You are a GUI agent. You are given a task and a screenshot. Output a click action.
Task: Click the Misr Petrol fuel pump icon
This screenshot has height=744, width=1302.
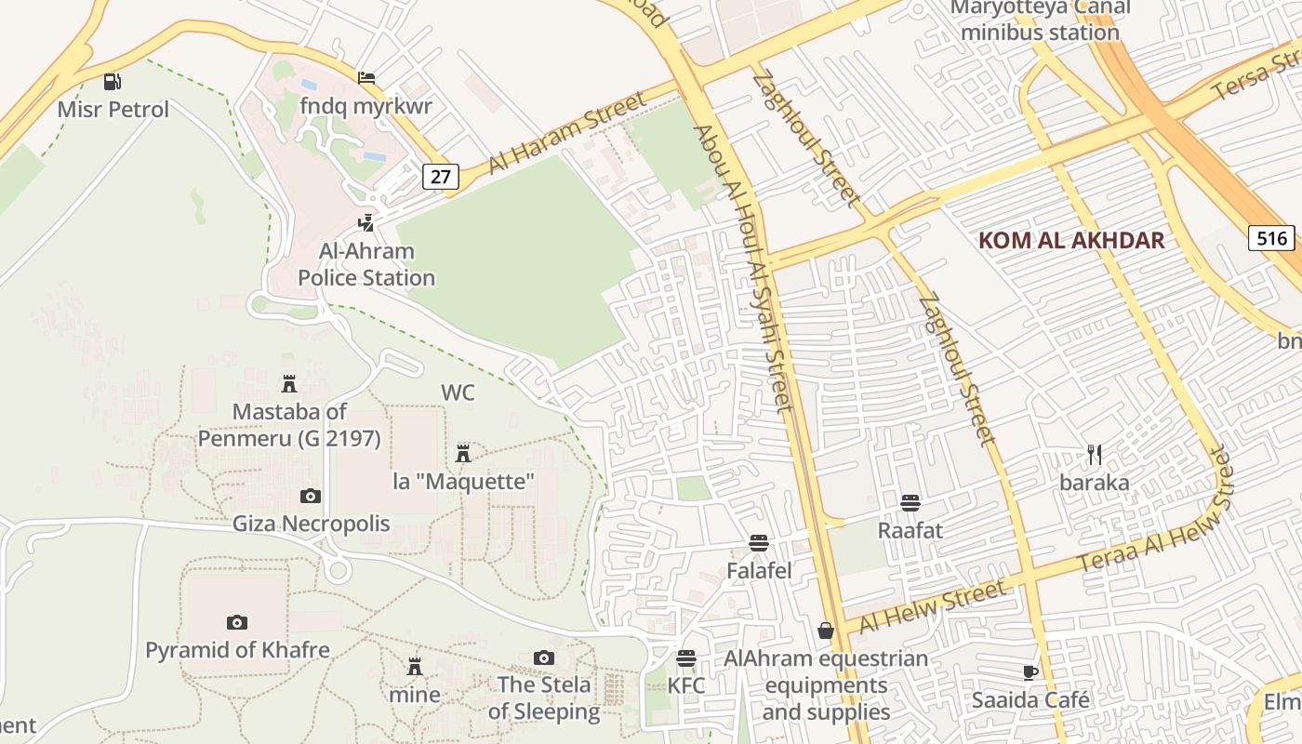tap(112, 82)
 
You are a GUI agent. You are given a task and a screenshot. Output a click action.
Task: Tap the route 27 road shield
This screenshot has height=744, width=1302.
tap(441, 177)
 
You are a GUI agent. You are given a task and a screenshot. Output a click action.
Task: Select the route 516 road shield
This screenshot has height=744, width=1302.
tap(1271, 238)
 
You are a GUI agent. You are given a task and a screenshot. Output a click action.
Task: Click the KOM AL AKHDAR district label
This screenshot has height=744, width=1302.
tap(1071, 241)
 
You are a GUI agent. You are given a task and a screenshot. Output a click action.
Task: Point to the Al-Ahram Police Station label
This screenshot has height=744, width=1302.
tap(366, 265)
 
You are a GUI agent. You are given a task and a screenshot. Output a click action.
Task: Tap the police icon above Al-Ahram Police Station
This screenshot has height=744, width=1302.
tap(367, 223)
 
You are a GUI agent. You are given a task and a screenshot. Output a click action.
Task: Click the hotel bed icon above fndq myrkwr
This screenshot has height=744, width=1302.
tap(366, 78)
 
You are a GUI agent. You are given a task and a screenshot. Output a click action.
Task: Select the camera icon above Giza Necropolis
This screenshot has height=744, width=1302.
tap(311, 497)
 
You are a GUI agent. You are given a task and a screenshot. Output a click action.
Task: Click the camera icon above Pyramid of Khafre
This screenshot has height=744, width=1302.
tap(237, 622)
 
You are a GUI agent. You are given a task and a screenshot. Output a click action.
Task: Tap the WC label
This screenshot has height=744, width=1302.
tap(458, 392)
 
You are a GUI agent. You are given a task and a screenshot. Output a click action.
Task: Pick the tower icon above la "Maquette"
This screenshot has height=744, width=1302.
tap(463, 454)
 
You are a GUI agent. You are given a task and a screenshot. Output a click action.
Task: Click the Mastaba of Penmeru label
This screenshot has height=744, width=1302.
tap(289, 425)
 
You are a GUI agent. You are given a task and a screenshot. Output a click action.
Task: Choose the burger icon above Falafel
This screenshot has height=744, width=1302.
tap(759, 543)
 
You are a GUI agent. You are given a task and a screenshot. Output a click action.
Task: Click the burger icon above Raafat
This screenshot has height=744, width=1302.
tap(910, 503)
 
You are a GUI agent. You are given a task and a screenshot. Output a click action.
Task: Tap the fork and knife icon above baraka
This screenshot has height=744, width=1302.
tap(1095, 455)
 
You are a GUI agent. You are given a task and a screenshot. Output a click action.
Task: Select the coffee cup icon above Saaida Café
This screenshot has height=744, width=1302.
tap(1030, 672)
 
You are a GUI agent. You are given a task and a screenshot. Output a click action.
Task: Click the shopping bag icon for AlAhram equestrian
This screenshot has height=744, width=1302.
tap(825, 631)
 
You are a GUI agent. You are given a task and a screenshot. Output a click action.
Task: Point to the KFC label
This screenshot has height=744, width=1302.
tap(686, 686)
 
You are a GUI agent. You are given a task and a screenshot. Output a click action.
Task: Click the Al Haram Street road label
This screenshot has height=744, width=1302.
tap(567, 132)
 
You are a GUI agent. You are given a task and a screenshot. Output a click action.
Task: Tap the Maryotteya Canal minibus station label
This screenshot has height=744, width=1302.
tap(1040, 20)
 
